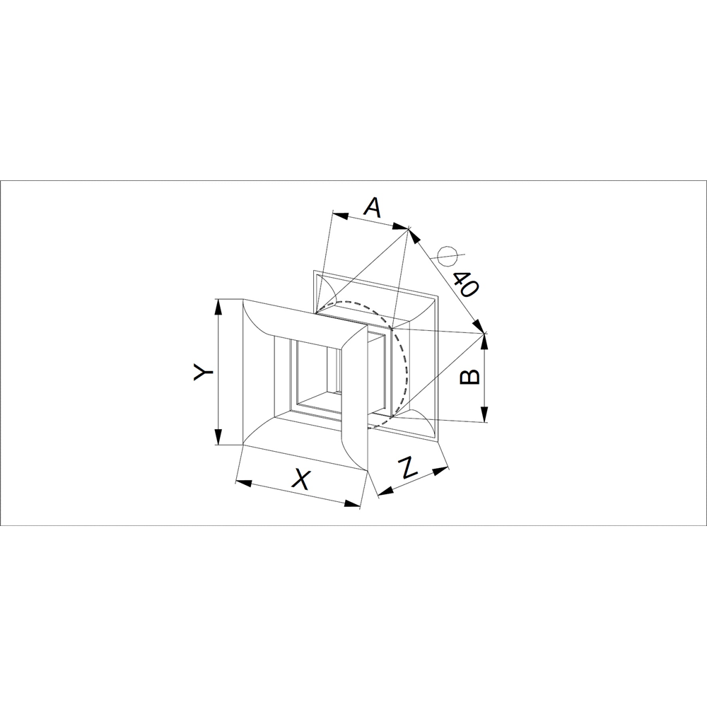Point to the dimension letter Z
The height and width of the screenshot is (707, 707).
point(409,467)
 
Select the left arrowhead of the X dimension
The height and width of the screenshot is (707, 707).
point(244,484)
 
